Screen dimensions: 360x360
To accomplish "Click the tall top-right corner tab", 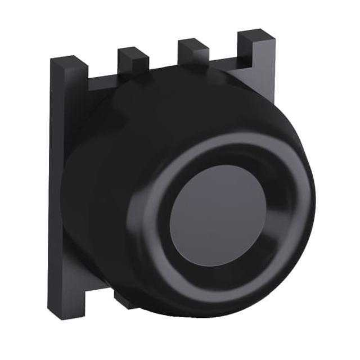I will click(x=256, y=48).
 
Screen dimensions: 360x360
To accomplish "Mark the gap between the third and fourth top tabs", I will click(x=224, y=61).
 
